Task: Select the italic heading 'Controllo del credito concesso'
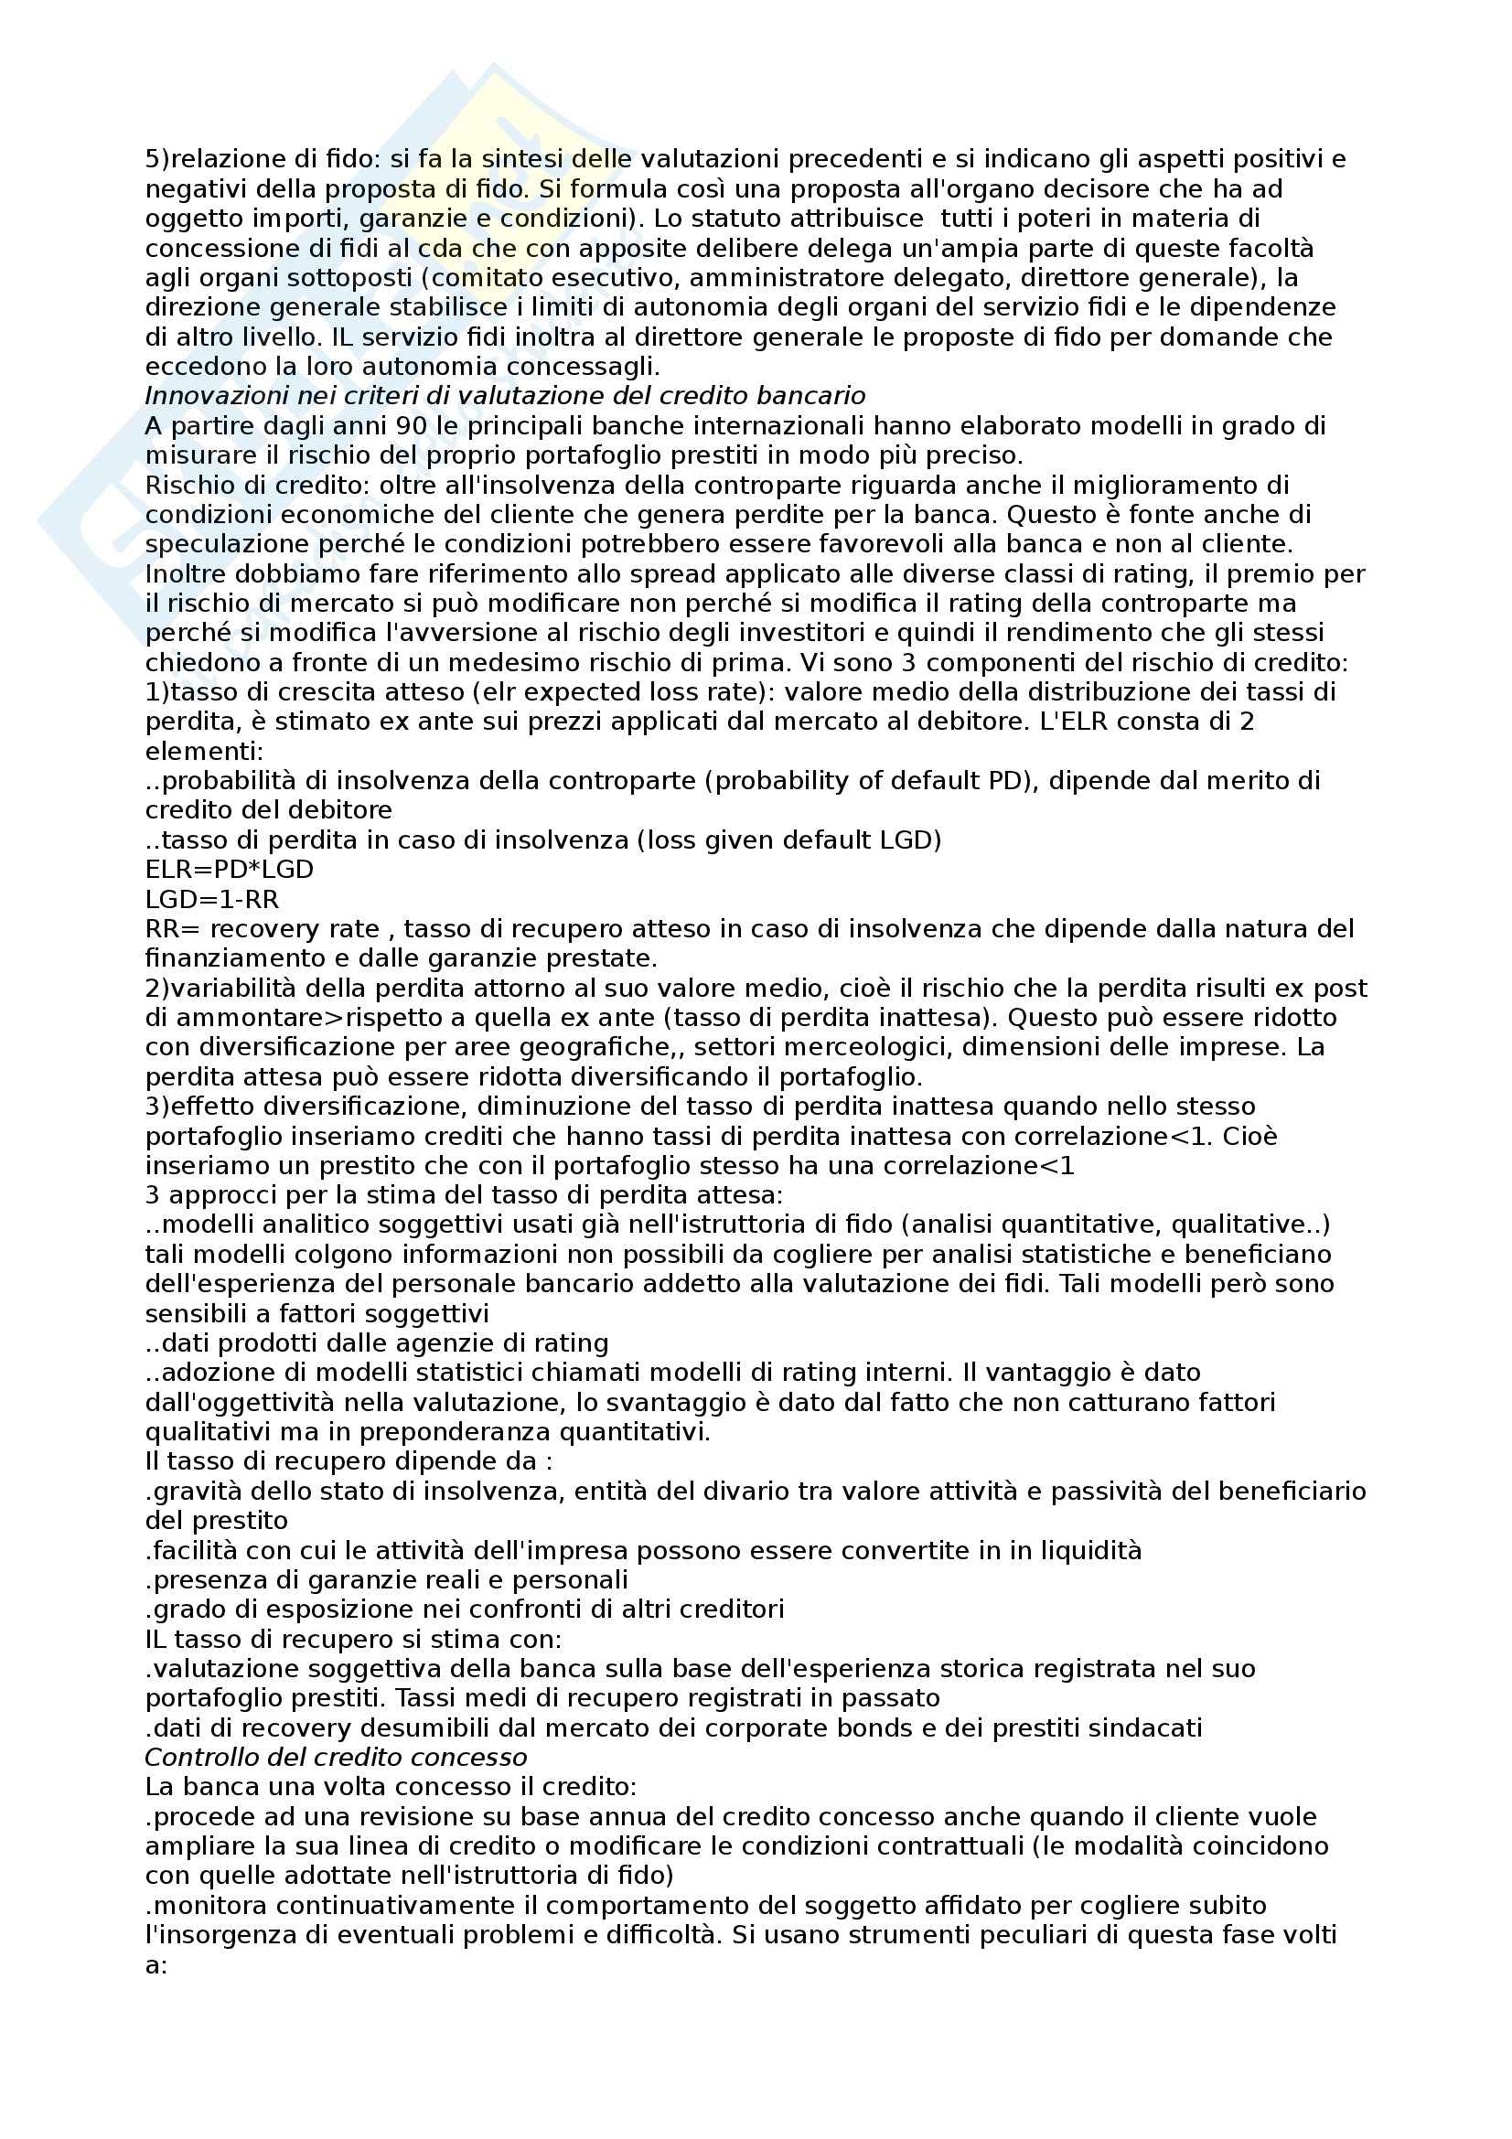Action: coord(336,1758)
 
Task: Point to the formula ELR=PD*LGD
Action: coord(230,869)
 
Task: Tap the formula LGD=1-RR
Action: coord(211,899)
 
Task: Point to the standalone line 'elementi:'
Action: coord(204,751)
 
